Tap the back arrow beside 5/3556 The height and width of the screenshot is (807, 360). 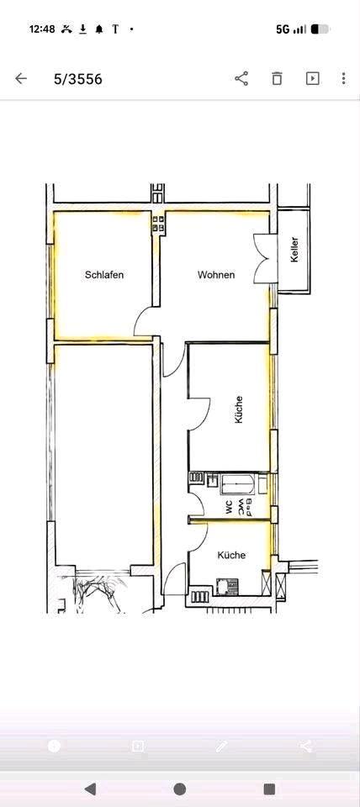point(20,78)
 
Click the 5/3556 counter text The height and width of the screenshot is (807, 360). point(77,79)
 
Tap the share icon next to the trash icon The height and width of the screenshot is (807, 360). point(241,78)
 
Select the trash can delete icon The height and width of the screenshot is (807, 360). point(277,78)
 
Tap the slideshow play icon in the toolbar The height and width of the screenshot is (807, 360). point(313,78)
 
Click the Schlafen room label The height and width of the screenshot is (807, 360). point(104,275)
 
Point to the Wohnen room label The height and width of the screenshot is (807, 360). point(216,275)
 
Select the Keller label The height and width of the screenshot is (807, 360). point(294,250)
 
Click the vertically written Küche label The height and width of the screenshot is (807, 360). point(238,409)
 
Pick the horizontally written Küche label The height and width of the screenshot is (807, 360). point(232,556)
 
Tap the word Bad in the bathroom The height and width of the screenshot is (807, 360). point(249,507)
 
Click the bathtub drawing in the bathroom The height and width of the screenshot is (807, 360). point(237,484)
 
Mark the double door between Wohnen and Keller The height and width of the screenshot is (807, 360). point(266,258)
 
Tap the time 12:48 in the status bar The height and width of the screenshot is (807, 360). point(42,29)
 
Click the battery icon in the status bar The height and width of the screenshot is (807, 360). point(320,29)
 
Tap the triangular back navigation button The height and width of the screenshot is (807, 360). point(90,788)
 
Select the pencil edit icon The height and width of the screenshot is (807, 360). point(221,746)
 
